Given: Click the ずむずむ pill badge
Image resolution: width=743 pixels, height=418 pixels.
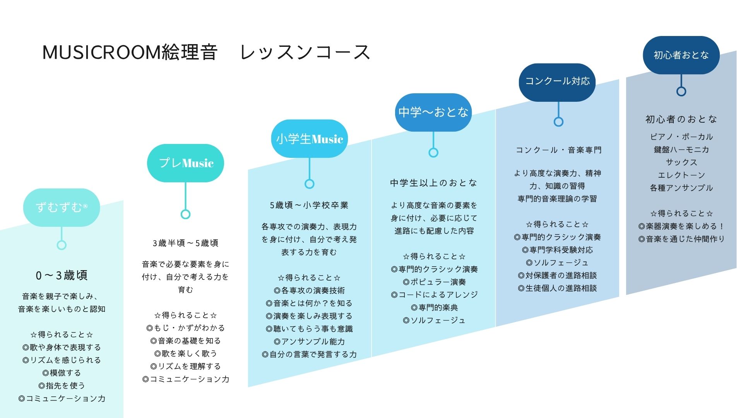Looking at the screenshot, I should point(62,207).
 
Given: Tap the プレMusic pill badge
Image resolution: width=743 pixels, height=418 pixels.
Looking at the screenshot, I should point(185,163).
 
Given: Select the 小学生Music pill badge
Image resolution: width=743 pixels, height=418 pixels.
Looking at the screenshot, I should point(309,139).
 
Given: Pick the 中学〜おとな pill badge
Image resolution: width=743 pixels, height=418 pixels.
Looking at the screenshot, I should point(433,112).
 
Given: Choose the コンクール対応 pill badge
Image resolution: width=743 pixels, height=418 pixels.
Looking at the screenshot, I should point(557,81).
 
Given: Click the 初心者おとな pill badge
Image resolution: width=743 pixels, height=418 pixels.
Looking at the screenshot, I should point(681,55).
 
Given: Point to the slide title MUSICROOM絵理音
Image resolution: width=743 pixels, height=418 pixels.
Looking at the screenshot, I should point(130,52).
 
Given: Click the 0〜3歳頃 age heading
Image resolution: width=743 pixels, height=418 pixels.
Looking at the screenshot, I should point(62,275).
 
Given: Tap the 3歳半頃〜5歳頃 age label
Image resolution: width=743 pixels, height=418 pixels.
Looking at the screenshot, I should point(185,243).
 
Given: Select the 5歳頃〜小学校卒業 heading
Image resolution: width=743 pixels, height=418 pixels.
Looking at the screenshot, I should point(309,205).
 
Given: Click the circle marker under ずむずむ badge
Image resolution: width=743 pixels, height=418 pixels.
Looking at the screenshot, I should point(62,245).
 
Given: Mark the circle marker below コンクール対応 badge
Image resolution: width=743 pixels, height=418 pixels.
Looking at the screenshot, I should point(558,122).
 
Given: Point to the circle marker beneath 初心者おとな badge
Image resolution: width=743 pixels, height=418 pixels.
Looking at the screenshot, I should point(681,91).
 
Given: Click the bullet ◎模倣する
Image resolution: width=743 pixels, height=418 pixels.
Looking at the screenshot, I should point(62,373).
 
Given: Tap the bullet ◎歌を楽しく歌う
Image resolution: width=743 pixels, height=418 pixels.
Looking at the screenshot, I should point(185,353).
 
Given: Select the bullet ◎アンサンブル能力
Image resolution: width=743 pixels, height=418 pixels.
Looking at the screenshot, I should point(309,341).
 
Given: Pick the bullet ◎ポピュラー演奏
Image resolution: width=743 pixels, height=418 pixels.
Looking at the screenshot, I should point(434,282).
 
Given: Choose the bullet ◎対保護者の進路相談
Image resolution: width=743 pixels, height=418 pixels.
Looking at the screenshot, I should point(557,275).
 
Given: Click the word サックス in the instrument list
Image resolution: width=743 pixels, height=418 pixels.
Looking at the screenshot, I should point(681,162).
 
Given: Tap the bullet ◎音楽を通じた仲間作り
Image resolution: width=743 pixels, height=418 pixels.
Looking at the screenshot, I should point(681,239).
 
